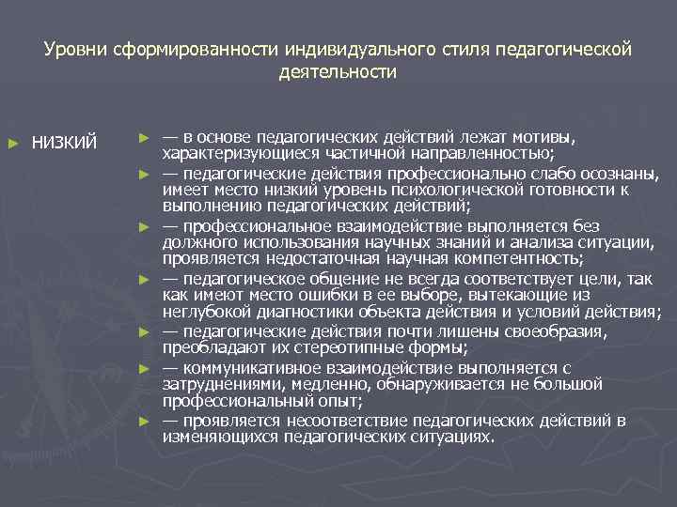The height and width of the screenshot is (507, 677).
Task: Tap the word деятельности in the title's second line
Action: pos(338,71)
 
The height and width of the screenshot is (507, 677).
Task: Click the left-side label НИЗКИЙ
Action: pos(65,142)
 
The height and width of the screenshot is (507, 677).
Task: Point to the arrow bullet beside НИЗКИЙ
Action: pos(12,142)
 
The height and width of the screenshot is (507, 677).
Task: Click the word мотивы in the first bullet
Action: pos(545,137)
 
